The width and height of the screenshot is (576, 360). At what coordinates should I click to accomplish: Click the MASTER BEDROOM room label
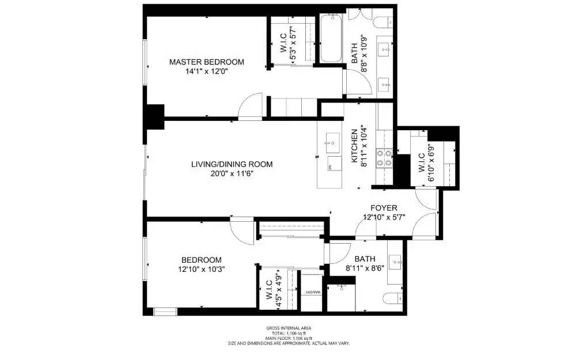pos(206,62)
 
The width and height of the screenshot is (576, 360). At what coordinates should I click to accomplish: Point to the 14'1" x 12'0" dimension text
pos(206,72)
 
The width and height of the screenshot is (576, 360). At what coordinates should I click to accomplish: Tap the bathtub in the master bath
pos(331,39)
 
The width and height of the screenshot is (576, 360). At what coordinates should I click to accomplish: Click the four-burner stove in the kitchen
pos(384,157)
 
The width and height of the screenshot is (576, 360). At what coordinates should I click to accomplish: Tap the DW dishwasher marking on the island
pos(331,166)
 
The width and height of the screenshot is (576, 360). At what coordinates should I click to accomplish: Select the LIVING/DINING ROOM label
pos(232,164)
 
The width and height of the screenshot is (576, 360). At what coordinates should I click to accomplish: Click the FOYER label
pos(384,208)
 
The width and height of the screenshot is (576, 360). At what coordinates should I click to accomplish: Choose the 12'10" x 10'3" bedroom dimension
pos(201,269)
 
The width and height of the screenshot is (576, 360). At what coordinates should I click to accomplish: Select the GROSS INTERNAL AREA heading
pos(289,328)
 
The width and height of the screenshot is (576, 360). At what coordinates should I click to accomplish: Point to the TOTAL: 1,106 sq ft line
pos(289,334)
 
